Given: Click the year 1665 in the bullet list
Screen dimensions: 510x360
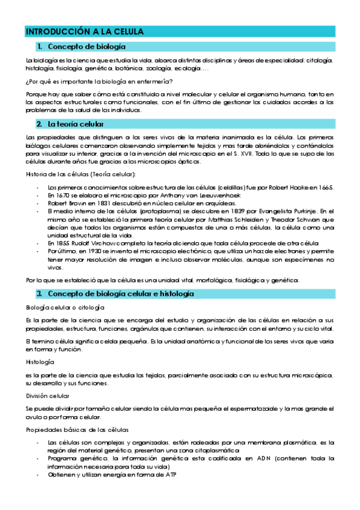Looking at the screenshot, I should pyautogui.click(x=326, y=187).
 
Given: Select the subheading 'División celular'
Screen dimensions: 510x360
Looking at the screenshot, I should pyautogui.click(x=47, y=396).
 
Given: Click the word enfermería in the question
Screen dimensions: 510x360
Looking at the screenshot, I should pyautogui.click(x=156, y=82).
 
